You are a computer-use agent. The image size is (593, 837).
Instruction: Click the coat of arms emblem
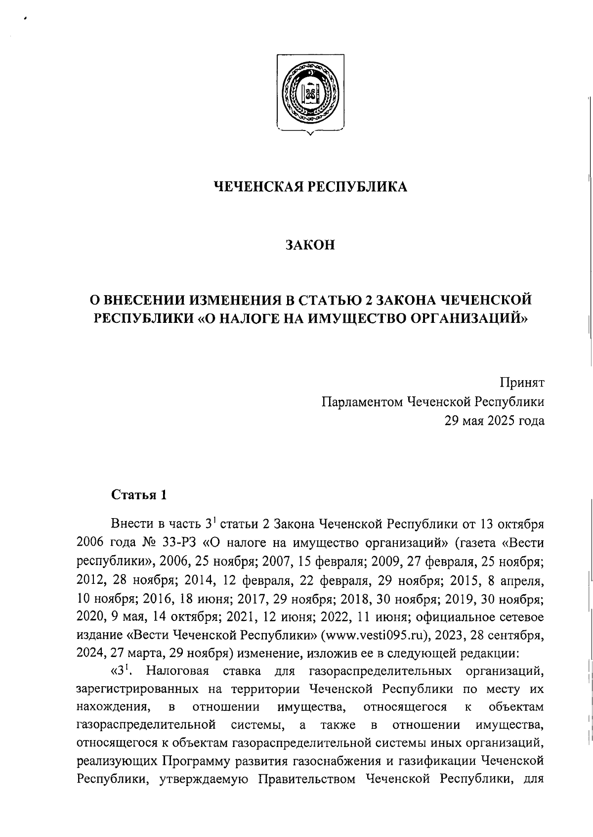tap(310, 94)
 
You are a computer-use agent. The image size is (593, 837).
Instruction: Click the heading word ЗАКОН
tap(310, 245)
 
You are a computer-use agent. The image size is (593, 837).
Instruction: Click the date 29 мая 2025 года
tap(495, 421)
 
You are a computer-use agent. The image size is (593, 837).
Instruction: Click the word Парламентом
tap(362, 401)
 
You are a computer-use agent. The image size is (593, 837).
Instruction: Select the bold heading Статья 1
tap(140, 495)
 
